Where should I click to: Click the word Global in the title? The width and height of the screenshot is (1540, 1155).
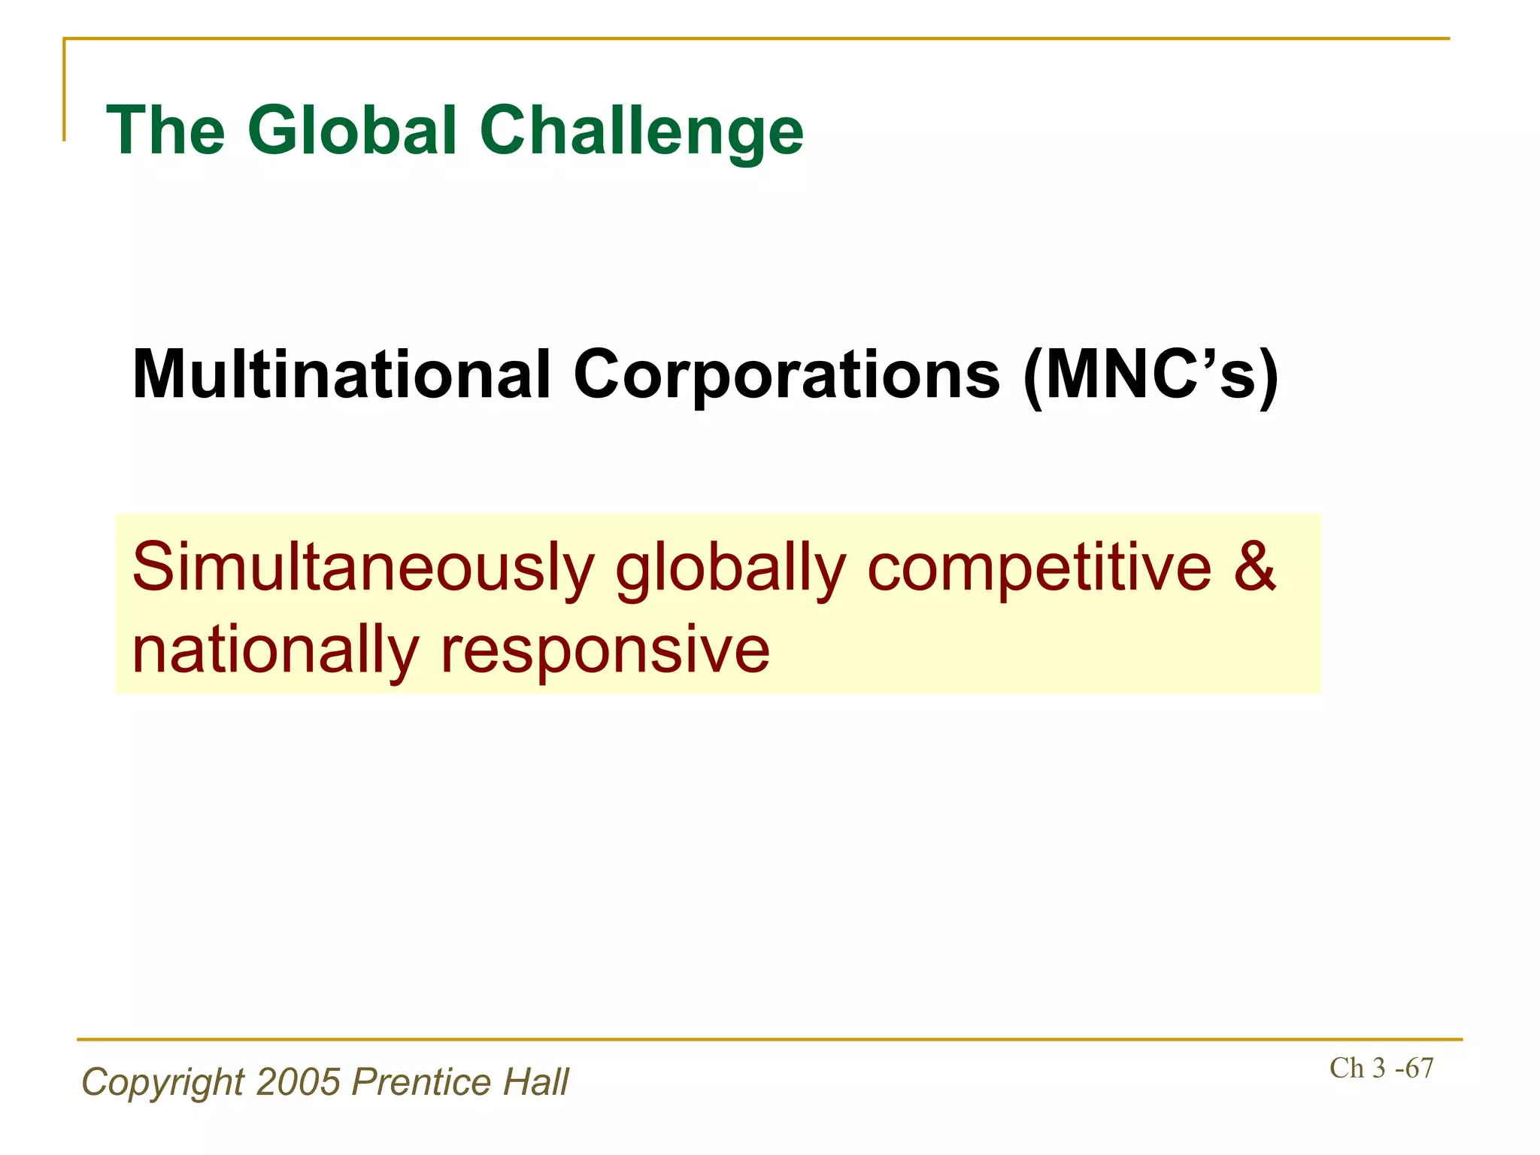click(x=353, y=131)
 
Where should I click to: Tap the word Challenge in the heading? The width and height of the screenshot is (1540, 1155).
click(x=641, y=132)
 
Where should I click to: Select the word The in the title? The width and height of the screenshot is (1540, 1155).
click(x=166, y=131)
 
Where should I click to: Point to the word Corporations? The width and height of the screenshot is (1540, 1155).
click(x=787, y=376)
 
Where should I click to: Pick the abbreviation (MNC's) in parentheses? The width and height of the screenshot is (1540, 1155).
click(x=1150, y=376)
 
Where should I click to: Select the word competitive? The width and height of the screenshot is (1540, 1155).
click(x=1039, y=568)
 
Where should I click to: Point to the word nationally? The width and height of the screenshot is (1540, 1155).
click(x=275, y=651)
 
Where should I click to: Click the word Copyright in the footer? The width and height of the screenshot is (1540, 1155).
click(x=162, y=1084)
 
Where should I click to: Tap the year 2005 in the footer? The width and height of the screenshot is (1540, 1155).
click(x=299, y=1082)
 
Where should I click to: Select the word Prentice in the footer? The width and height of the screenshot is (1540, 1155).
click(x=422, y=1082)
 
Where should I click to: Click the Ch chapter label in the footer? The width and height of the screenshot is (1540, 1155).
click(x=1346, y=1069)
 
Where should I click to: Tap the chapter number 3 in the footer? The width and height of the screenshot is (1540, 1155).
click(x=1378, y=1069)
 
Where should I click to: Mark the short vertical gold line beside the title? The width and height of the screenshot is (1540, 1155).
click(x=64, y=90)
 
